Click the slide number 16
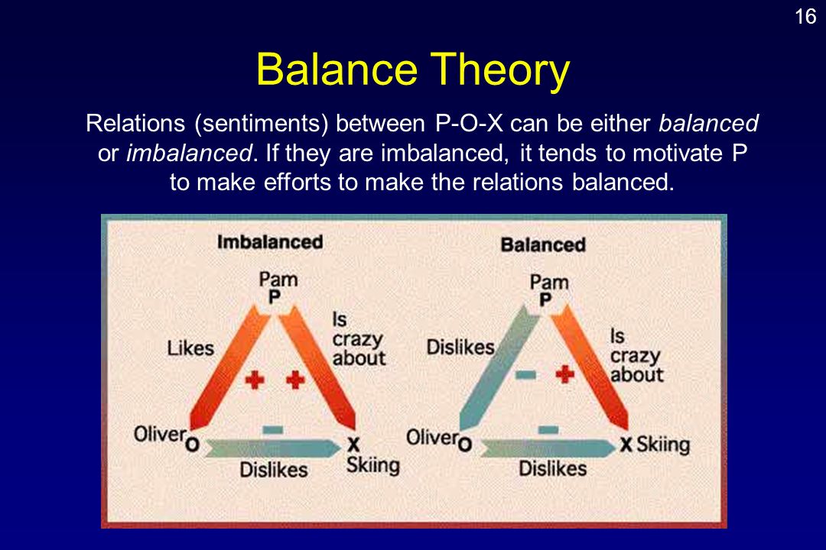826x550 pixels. coord(805,16)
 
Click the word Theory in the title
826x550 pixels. coord(500,70)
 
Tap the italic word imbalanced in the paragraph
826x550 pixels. coord(189,153)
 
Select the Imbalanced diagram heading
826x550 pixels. coord(270,242)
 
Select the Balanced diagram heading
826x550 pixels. coord(542,244)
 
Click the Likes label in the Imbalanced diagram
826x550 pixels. coord(190,348)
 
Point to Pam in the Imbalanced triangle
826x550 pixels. coord(278,279)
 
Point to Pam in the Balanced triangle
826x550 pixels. coord(549,282)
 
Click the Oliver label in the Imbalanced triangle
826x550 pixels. coord(159,434)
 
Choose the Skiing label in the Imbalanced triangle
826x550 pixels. coord(373,465)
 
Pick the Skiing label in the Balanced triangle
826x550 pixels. coord(663,445)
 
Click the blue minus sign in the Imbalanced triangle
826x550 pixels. coord(273,430)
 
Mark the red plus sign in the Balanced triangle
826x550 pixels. coord(564,374)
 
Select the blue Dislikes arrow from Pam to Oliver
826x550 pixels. coord(499,368)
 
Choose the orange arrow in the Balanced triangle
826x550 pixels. coord(589,368)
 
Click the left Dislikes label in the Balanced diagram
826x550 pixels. coord(460,348)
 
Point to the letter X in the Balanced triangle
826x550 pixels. coord(626,445)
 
